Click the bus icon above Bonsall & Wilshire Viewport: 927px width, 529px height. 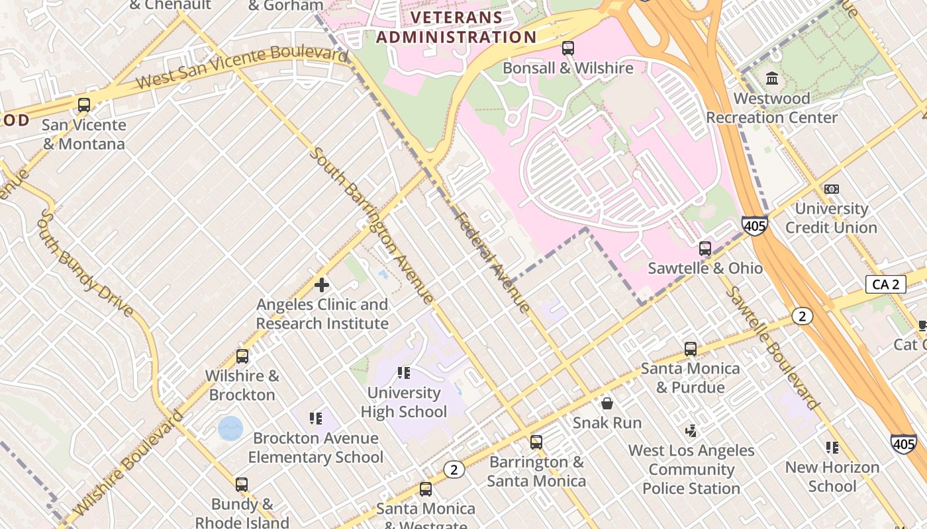click(567, 48)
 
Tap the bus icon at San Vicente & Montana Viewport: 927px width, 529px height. click(84, 104)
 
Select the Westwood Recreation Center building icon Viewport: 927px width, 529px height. click(771, 79)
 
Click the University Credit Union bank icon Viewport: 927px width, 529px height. click(832, 189)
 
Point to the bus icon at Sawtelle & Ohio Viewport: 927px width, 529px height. click(705, 249)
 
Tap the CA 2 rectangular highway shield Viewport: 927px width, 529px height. click(885, 284)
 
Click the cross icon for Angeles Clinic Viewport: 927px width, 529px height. click(322, 285)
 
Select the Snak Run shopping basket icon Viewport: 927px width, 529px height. click(607, 403)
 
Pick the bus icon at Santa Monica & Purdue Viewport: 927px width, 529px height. click(691, 348)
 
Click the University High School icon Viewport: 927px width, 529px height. click(403, 373)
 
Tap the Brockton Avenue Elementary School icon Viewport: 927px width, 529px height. click(316, 418)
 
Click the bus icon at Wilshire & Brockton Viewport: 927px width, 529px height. click(242, 356)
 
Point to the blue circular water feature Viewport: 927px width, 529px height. click(230, 428)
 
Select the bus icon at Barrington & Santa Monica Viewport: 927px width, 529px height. click(536, 442)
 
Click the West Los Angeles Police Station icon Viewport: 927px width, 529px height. click(691, 431)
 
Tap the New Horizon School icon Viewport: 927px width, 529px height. click(832, 448)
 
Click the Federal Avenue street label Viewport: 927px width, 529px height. click(492, 262)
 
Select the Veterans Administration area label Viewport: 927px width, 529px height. click(456, 27)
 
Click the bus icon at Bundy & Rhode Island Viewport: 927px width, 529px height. click(242, 484)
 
